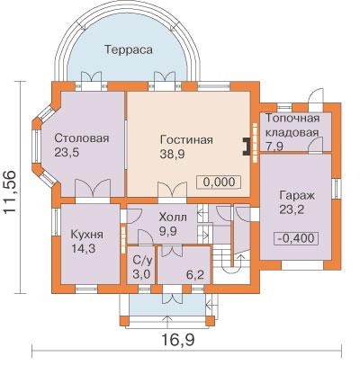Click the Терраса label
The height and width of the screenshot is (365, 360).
pyautogui.click(x=129, y=49)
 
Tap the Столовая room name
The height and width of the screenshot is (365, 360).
pyautogui.click(x=82, y=138)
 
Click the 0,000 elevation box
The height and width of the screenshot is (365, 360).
pyautogui.click(x=219, y=182)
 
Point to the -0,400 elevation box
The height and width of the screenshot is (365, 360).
pyautogui.click(x=296, y=238)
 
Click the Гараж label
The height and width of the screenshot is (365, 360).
pyautogui.click(x=297, y=196)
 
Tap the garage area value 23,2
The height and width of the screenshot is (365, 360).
pyautogui.click(x=292, y=209)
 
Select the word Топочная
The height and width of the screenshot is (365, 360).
pyautogui.click(x=292, y=119)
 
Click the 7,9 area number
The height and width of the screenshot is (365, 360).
pyautogui.click(x=274, y=147)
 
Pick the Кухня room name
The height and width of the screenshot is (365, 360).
pyautogui.click(x=87, y=235)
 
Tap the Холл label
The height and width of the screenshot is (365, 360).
pyautogui.click(x=173, y=217)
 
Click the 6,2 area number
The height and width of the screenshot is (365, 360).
pyautogui.click(x=195, y=274)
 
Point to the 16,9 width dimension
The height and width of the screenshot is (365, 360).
pyautogui.click(x=178, y=340)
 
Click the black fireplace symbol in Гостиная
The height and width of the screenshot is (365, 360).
pyautogui.click(x=247, y=147)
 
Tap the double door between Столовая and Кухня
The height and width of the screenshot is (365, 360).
pyautogui.click(x=93, y=189)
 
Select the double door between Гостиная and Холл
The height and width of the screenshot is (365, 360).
pyautogui.click(x=173, y=191)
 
